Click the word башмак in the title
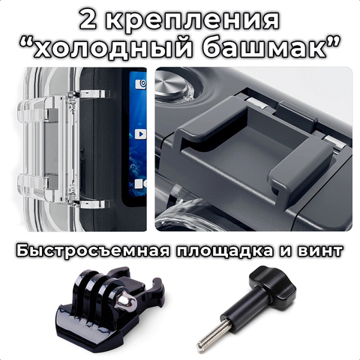tap(264, 46)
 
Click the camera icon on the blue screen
tap(141, 84)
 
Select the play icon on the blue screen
tap(140, 134)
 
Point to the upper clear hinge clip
tap(92, 94)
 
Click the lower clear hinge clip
tap(92, 204)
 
